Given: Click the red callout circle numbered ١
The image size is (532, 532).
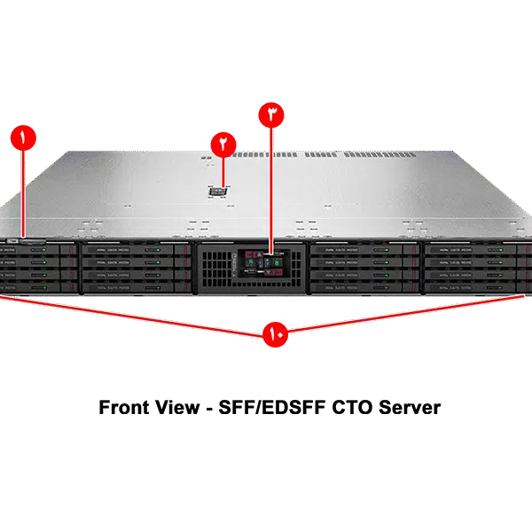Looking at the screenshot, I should (x=23, y=137).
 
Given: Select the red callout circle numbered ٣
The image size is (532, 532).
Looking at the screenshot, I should (x=271, y=115).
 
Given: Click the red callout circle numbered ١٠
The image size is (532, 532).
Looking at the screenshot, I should (x=273, y=335).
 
